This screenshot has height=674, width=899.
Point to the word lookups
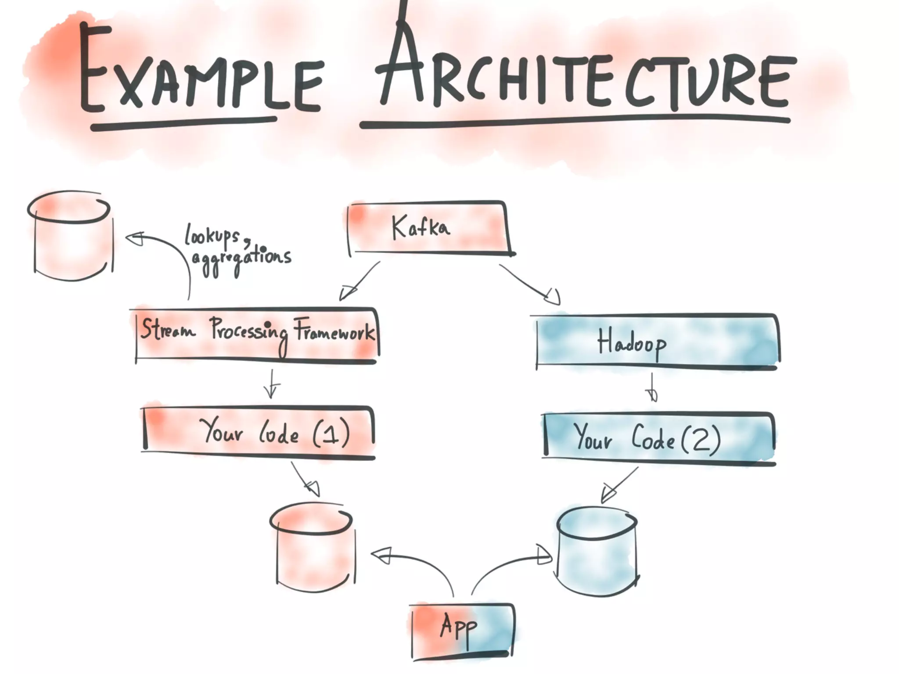tap(213, 236)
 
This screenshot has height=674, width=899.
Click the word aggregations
tap(241, 259)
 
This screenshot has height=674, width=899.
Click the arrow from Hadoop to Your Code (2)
tap(652, 388)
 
